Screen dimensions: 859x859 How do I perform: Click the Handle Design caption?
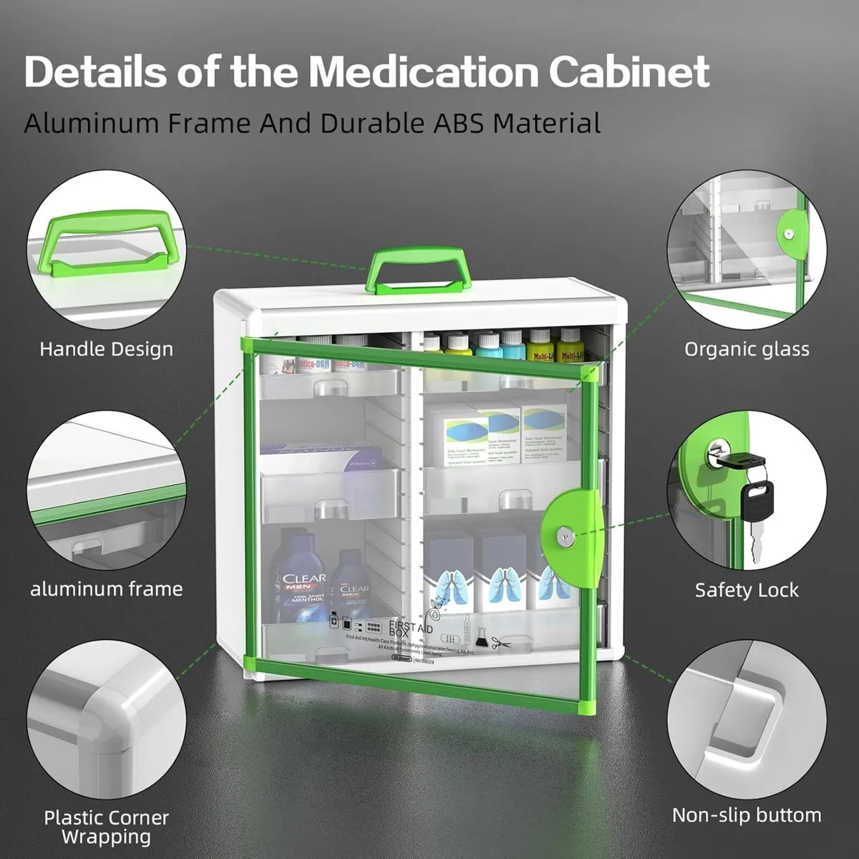[106, 349]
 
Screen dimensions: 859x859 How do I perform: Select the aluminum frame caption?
[106, 589]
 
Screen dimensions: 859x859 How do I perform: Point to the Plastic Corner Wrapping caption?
[106, 826]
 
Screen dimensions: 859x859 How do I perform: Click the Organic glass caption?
[747, 349]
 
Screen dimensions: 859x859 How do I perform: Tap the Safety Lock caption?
[747, 590]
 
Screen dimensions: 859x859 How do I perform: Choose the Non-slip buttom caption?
[747, 815]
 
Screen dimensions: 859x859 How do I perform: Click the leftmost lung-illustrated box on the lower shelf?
[449, 572]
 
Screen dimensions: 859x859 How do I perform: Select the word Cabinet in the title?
[630, 72]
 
